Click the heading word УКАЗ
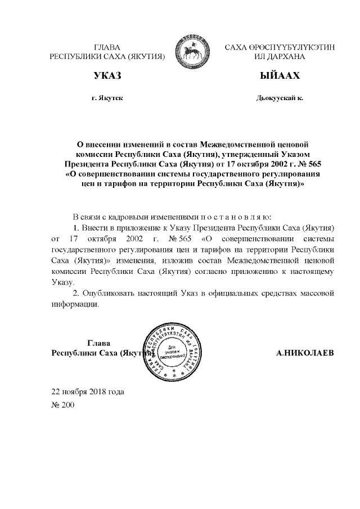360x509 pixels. [x=107, y=75]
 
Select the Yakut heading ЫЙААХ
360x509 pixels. [x=279, y=75]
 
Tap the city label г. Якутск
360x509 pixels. [x=107, y=97]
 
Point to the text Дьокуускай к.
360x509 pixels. [x=279, y=97]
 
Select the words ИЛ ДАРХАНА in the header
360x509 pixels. [x=280, y=57]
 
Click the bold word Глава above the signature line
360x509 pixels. [x=99, y=343]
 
